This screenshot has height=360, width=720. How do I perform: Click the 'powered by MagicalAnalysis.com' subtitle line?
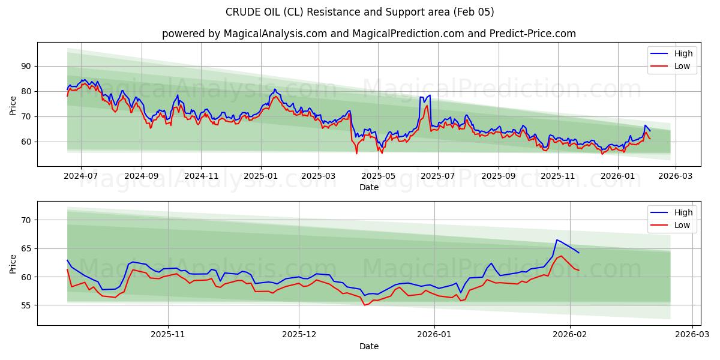[x=368, y=34]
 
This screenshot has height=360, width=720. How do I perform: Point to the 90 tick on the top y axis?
[x=26, y=66]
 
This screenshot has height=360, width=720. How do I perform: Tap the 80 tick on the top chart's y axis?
[x=26, y=91]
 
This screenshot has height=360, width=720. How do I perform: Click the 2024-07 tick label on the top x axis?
[x=80, y=176]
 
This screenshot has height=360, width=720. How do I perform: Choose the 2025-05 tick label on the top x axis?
[x=379, y=176]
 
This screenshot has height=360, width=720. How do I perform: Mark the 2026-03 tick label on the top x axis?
[x=676, y=176]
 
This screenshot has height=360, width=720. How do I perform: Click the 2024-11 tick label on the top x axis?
[x=201, y=176]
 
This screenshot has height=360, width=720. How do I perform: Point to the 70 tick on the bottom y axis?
[x=26, y=220]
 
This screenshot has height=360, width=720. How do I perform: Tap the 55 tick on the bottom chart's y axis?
[x=26, y=305]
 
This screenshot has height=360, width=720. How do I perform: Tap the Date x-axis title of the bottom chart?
[x=368, y=346]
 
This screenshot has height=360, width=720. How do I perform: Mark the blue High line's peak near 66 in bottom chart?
[x=557, y=240]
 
